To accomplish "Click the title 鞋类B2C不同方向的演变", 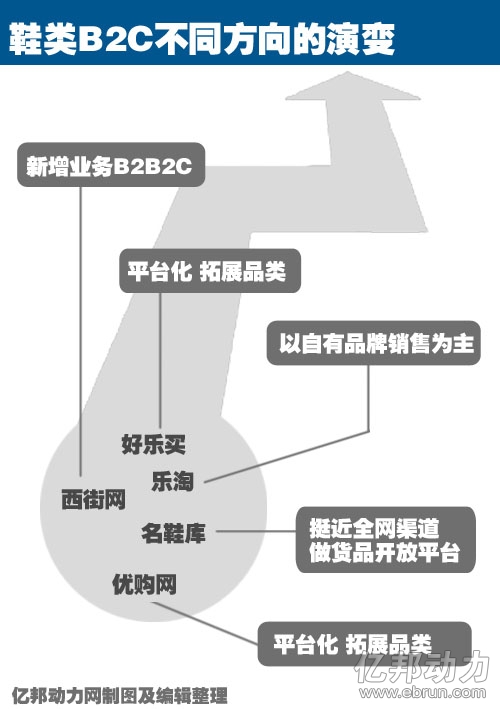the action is click(x=202, y=39).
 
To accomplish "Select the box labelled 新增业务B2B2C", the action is click(x=111, y=165).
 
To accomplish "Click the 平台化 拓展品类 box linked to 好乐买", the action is click(x=210, y=270).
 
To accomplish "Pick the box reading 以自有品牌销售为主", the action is click(x=373, y=343).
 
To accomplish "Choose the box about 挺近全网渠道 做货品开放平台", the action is click(x=386, y=540).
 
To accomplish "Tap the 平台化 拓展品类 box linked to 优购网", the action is click(x=364, y=643).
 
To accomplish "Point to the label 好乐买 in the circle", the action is click(x=153, y=444).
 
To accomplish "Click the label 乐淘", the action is click(x=172, y=481).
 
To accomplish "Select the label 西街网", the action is click(x=93, y=500).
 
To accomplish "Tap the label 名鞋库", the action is click(x=173, y=533).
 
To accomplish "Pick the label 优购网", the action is click(x=144, y=584).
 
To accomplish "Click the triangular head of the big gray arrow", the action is click(x=353, y=86).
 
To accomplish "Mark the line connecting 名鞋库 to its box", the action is click(x=256, y=531).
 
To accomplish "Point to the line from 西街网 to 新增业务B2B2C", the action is click(x=81, y=331).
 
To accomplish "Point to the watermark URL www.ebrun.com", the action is click(x=422, y=692).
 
